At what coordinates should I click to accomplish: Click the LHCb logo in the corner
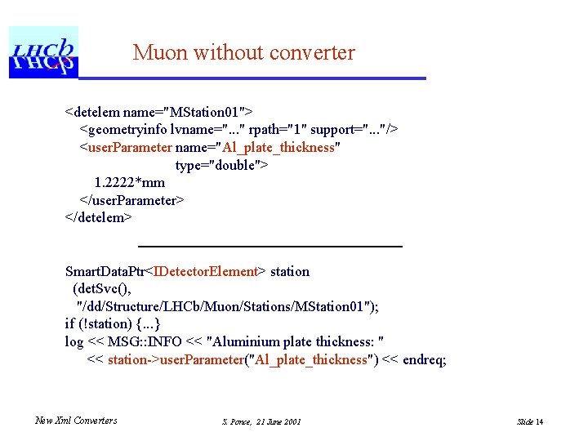tap(43, 52)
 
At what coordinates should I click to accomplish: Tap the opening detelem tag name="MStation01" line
tap(158, 111)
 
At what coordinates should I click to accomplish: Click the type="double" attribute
tap(221, 165)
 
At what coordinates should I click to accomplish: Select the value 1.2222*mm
tap(129, 183)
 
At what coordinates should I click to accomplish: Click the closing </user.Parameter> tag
tap(131, 200)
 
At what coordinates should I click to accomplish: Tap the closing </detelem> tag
tap(98, 218)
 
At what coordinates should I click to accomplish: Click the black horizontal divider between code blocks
tap(270, 246)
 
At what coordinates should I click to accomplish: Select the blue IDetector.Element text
tap(206, 271)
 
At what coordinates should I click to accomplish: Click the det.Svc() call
tap(101, 289)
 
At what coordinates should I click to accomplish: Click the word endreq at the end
tap(424, 360)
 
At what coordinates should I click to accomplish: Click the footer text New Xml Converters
tap(76, 421)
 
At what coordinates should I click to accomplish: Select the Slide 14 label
tap(530, 421)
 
